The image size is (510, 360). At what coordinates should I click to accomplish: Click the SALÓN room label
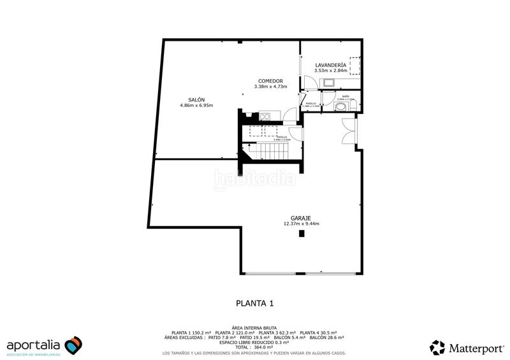196,99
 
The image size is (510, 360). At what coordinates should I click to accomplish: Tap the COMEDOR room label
268,81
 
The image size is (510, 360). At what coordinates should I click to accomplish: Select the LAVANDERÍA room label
331,65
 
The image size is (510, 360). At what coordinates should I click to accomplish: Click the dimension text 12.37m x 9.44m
301,224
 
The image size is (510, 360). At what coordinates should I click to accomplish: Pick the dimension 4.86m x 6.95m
196,105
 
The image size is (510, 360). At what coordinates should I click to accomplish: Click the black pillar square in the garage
302,234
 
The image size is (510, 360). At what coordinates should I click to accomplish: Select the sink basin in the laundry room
330,82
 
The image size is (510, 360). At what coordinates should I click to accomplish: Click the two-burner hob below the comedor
265,115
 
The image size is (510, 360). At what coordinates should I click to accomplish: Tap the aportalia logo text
34,345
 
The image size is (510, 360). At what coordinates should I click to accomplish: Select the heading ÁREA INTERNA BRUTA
254,326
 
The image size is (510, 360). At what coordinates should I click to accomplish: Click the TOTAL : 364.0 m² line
254,346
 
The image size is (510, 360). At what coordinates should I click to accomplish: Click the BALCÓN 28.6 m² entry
327,337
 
